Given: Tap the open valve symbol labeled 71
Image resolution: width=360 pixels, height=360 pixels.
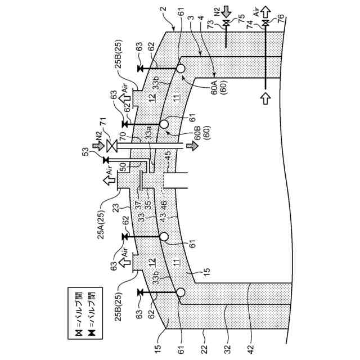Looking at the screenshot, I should click(112, 146).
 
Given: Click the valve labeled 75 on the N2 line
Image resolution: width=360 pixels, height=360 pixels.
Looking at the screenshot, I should click(226, 24).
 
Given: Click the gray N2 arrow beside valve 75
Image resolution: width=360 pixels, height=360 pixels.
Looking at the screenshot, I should click(232, 10).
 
